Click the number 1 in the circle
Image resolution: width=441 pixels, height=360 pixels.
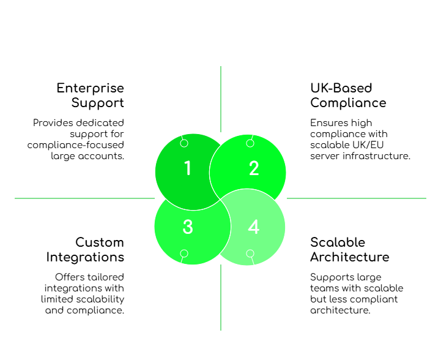(x=188, y=168)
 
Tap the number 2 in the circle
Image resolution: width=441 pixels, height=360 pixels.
(x=254, y=168)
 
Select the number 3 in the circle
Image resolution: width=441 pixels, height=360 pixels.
(x=188, y=227)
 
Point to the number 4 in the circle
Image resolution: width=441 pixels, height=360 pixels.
(x=254, y=227)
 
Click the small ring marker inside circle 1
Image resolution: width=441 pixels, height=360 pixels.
(x=184, y=143)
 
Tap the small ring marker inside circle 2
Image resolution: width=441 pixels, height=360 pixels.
(x=250, y=143)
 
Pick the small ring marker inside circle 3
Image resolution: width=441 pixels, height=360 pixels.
(x=184, y=253)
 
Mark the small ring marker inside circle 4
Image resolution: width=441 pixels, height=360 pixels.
(x=250, y=253)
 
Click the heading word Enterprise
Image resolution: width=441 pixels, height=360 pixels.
(x=91, y=88)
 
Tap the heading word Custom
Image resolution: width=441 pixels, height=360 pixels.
(x=99, y=242)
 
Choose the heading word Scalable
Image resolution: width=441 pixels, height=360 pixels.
(x=338, y=242)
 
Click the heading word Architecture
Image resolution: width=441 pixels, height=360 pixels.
(x=349, y=257)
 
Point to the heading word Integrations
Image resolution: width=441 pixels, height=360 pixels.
(x=85, y=257)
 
